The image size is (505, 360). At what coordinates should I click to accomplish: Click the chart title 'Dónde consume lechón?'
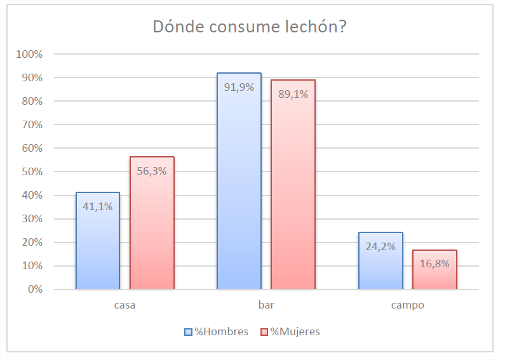pyautogui.click(x=253, y=28)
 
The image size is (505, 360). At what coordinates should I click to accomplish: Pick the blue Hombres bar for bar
pyautogui.click(x=239, y=190)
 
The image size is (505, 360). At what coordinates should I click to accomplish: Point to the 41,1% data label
pyautogui.click(x=98, y=206)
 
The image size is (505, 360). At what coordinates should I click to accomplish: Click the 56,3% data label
pyautogui.click(x=152, y=170)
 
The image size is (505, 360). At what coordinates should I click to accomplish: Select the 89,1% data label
pyautogui.click(x=293, y=93)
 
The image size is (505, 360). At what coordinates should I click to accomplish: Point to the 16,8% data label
pyautogui.click(x=434, y=263)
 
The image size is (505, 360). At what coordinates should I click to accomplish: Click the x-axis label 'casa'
pyautogui.click(x=125, y=305)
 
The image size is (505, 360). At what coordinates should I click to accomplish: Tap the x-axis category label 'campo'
pyautogui.click(x=407, y=305)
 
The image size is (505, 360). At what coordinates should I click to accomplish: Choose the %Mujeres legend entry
pyautogui.click(x=290, y=331)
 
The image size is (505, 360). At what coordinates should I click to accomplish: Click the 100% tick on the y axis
pyautogui.click(x=30, y=54)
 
